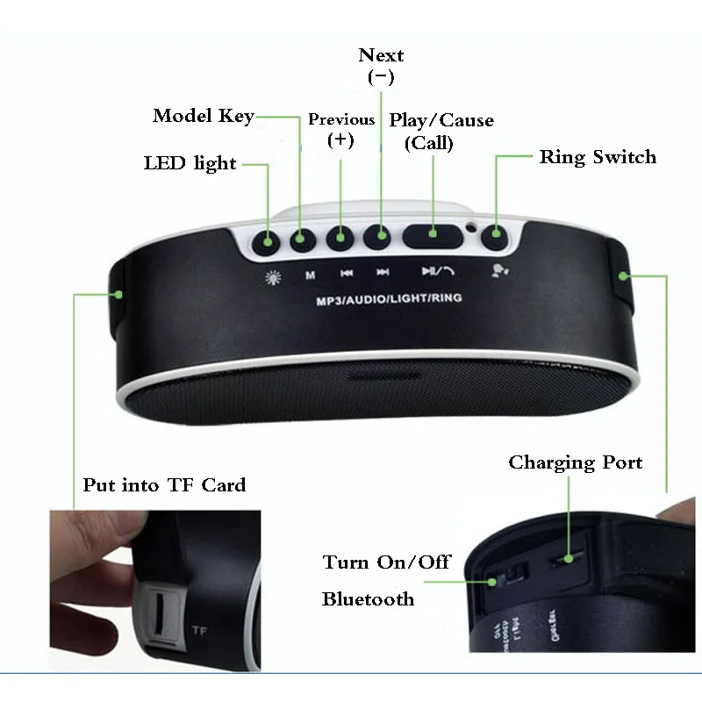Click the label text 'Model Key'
coord(204,116)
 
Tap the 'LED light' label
coord(190,163)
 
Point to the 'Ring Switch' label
coord(598,157)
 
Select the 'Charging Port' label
coord(576,462)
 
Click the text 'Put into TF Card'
coord(164,484)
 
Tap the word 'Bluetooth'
coord(368,599)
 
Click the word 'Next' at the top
coord(381,55)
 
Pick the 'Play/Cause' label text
coord(441,120)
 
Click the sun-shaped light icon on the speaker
coord(272,275)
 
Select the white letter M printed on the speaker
coord(310,275)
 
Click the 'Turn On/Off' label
coord(386,562)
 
